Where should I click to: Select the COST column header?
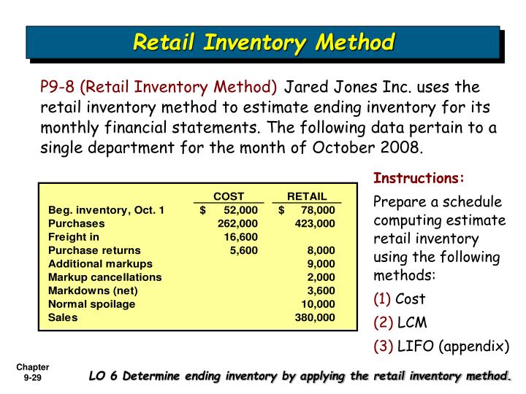click(228, 196)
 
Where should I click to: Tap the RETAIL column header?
click(307, 196)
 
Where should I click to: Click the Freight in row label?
click(74, 237)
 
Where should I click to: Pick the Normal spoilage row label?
click(91, 304)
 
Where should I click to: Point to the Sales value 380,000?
click(315, 317)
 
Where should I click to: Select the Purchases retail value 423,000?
click(315, 224)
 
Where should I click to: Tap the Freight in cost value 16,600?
click(240, 237)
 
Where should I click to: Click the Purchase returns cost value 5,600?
click(243, 250)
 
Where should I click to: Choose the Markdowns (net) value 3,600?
click(321, 290)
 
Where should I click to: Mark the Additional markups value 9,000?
click(321, 263)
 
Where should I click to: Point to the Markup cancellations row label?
click(105, 277)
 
